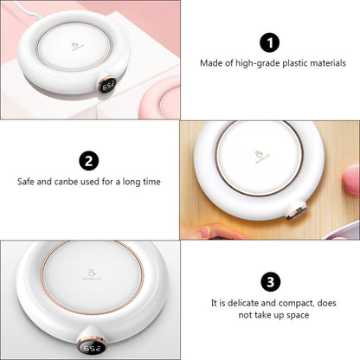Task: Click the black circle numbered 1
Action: (x=269, y=42)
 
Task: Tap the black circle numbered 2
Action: (x=88, y=160)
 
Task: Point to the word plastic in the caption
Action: (x=289, y=63)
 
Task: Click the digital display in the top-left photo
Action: (x=109, y=87)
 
